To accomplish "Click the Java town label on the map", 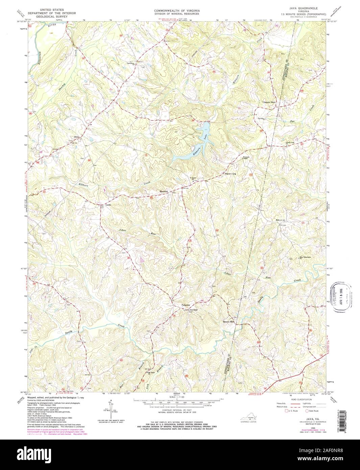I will pyautogui.click(x=76, y=137).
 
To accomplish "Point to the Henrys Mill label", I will pyautogui.click(x=229, y=322).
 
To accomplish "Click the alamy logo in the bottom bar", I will pyautogui.click(x=179, y=455).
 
